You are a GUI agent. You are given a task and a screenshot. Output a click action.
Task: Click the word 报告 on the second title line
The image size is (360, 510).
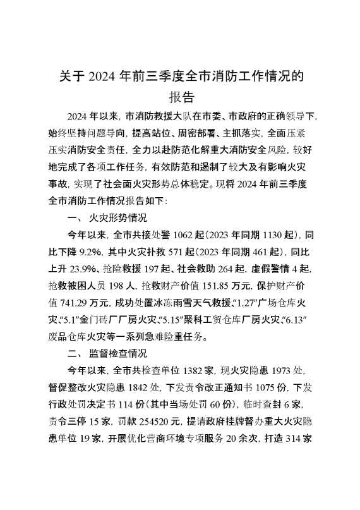[180, 97]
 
